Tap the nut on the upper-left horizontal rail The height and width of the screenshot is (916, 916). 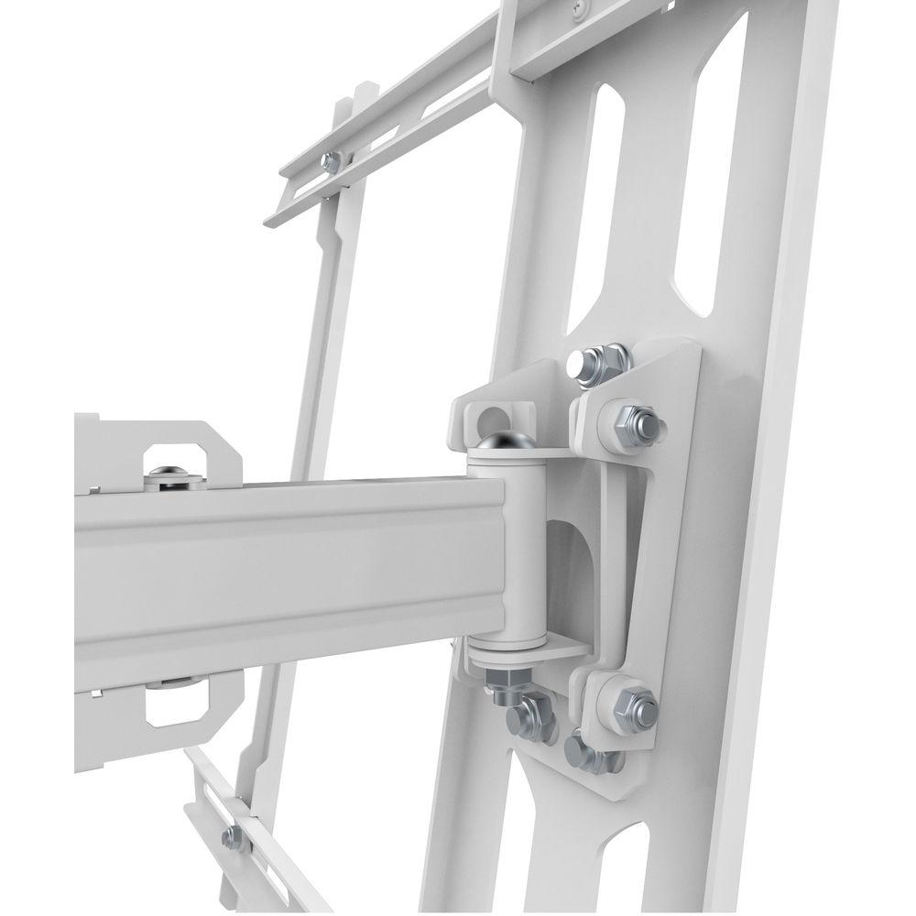pos(331,163)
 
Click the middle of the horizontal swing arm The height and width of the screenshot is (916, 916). pos(275,577)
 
